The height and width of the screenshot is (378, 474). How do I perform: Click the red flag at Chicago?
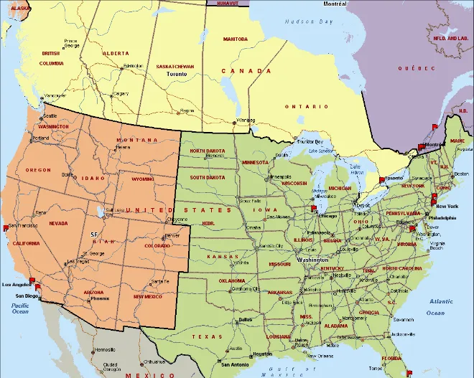click(x=314, y=209)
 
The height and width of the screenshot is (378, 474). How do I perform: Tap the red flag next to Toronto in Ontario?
click(x=382, y=180)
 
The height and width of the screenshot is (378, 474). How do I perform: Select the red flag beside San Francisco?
click(x=6, y=227)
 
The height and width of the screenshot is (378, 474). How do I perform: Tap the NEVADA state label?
click(x=59, y=223)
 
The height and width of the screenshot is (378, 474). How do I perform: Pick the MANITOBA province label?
click(x=235, y=39)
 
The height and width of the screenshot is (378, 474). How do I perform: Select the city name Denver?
click(x=172, y=235)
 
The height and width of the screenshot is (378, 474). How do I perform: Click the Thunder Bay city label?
click(x=310, y=141)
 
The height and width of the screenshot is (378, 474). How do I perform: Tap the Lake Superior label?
click(x=321, y=151)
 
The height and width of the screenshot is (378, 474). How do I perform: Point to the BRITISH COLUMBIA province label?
click(x=52, y=58)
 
